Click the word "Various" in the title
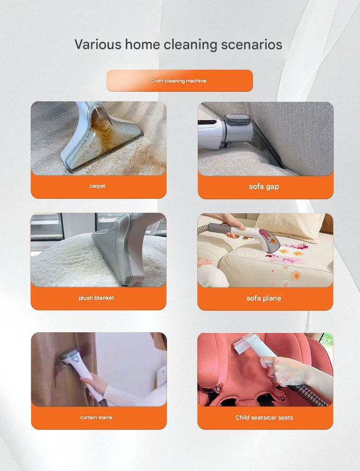(x=98, y=44)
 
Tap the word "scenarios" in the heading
(x=252, y=45)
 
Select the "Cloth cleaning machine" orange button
(x=180, y=81)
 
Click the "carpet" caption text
(x=97, y=186)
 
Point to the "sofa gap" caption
(x=264, y=187)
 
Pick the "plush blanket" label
(x=96, y=298)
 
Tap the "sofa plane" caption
(x=264, y=298)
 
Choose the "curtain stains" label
(x=96, y=417)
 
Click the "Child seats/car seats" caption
(x=264, y=417)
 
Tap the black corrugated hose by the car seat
(x=309, y=394)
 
